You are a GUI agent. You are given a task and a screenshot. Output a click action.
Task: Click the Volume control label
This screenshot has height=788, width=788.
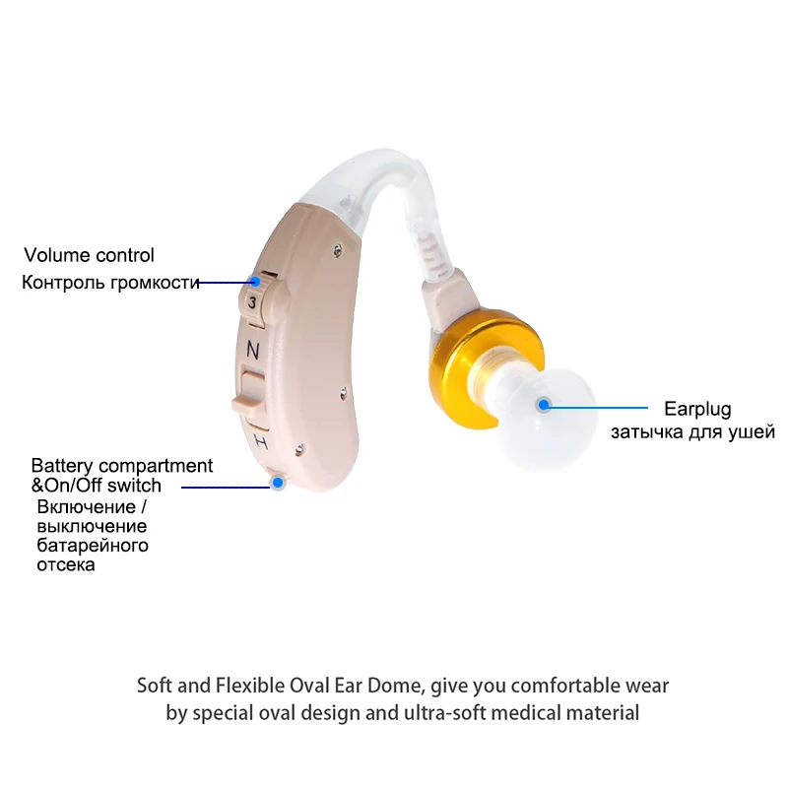point(89,256)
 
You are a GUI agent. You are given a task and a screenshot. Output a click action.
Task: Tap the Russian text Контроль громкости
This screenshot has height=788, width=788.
point(110,283)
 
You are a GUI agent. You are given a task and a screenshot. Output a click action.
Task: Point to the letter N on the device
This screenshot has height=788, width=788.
point(252,350)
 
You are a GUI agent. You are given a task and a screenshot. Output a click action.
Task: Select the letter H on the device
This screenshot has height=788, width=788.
point(261,441)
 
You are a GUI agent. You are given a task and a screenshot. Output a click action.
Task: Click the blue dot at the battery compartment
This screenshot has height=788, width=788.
point(278,482)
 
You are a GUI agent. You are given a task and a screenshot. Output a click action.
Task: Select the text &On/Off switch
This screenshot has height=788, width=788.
point(96,486)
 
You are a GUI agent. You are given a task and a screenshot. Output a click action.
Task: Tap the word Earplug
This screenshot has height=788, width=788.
point(697,409)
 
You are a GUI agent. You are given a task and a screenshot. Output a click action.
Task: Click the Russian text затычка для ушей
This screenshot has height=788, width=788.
point(692,432)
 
